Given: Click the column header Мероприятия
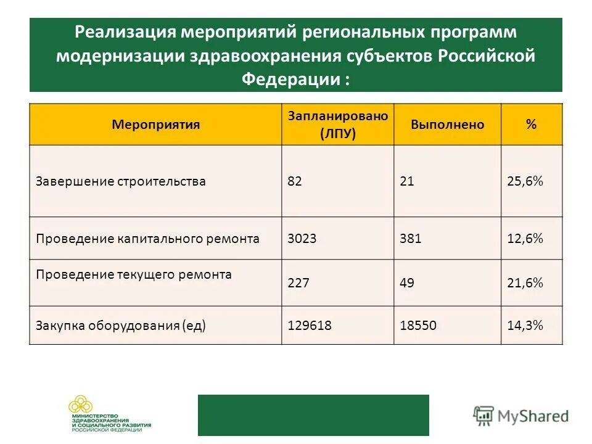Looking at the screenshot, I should (155, 125).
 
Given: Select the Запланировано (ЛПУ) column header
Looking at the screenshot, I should (337, 125).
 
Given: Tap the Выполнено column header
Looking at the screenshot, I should (447, 125).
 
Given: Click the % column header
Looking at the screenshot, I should (531, 125).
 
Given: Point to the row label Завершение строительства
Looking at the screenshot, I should (120, 181).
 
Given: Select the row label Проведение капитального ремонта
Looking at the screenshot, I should (147, 238).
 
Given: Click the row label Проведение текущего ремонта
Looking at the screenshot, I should (134, 274).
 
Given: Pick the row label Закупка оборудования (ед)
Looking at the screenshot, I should (120, 325).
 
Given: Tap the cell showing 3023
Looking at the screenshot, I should (302, 238).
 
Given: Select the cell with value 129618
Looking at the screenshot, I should (310, 325).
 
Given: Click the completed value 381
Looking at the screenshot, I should (410, 238).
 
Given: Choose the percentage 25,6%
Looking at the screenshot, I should (525, 181).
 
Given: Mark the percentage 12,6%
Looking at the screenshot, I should (525, 238).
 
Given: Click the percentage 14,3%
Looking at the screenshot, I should (525, 325).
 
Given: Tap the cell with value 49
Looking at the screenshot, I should (406, 283).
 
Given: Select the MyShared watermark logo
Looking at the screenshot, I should (521, 415).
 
